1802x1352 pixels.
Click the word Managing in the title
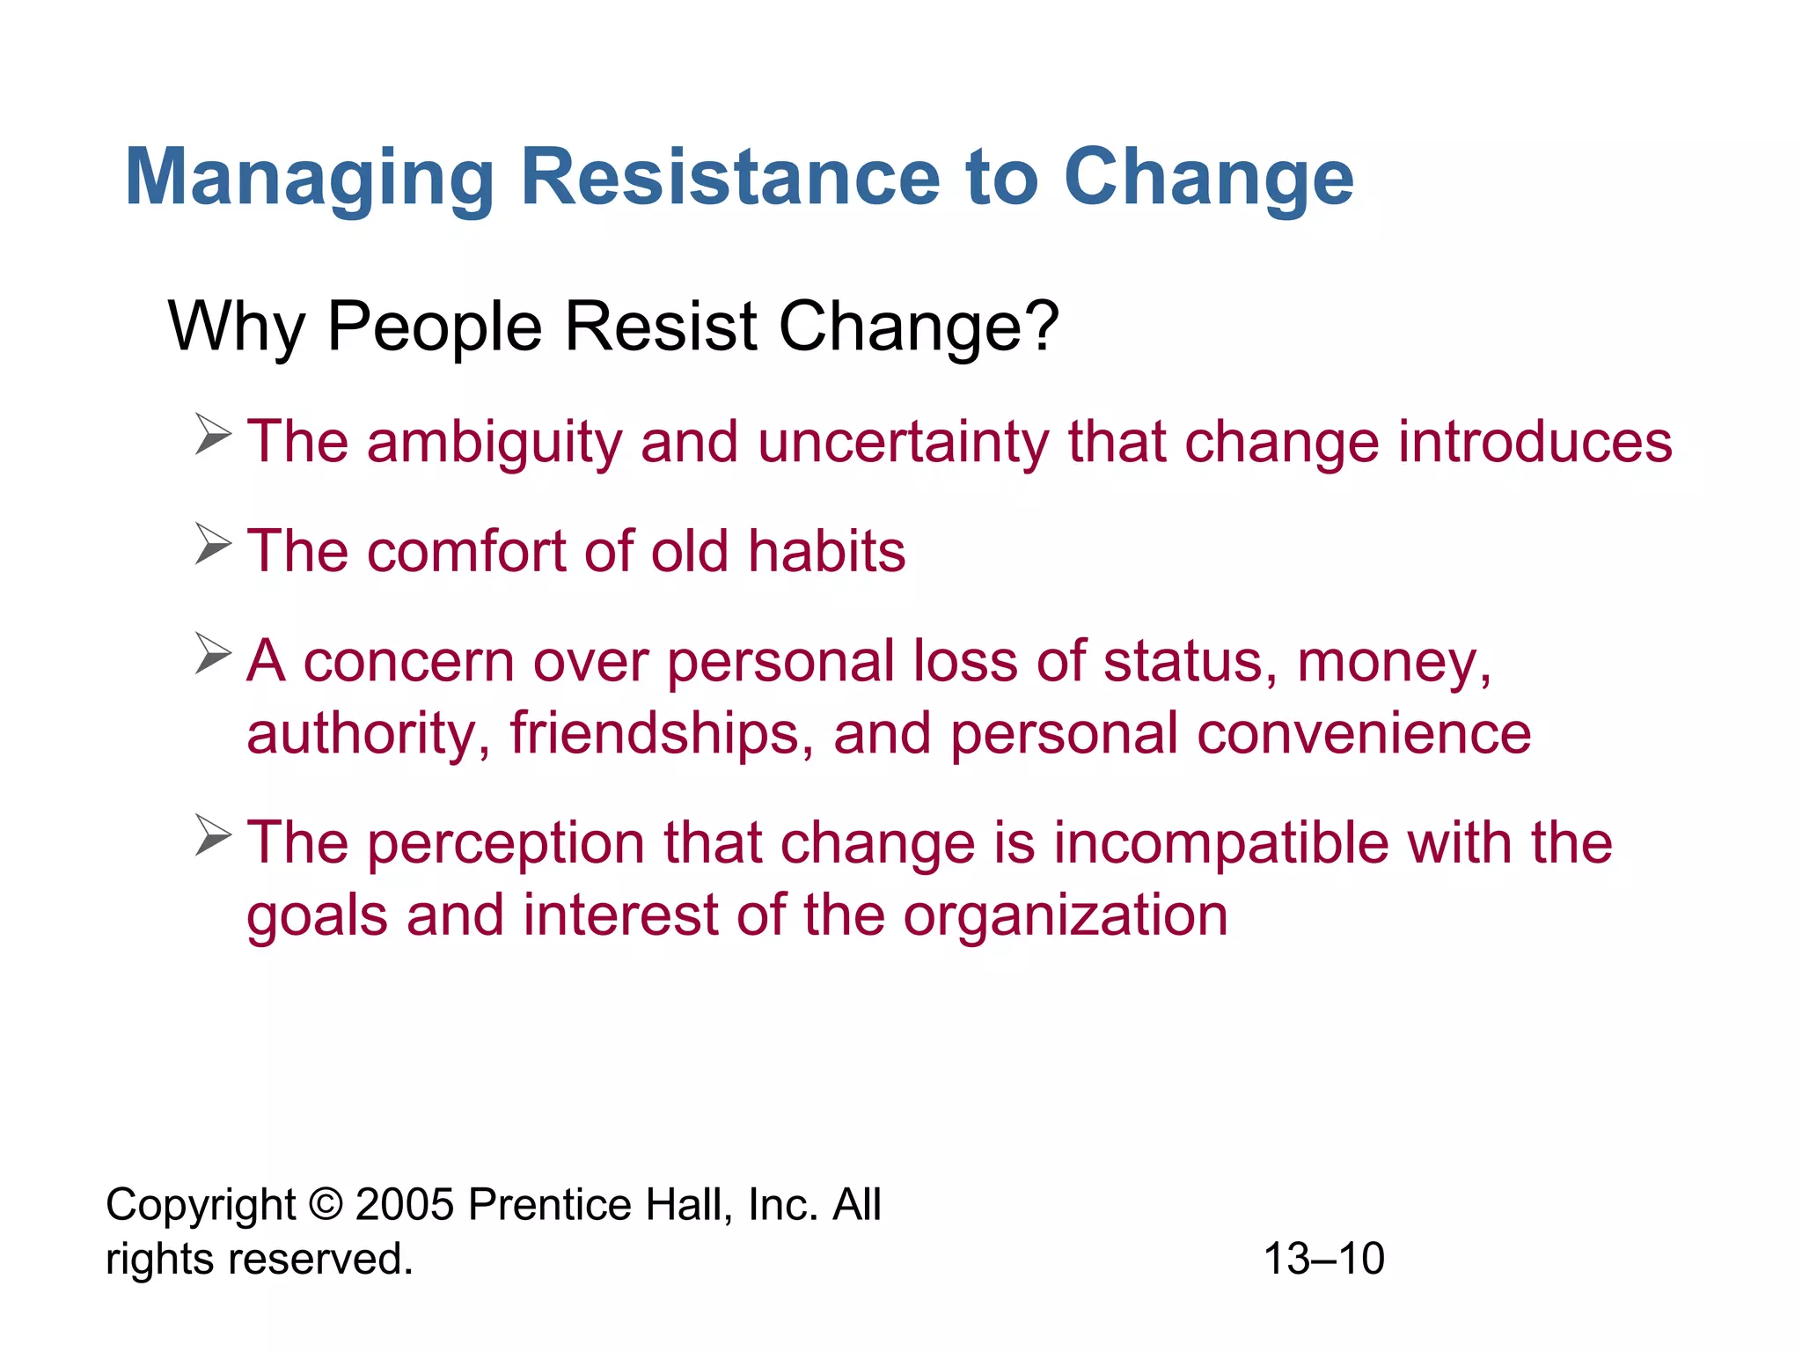[310, 179]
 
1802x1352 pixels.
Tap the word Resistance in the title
[730, 177]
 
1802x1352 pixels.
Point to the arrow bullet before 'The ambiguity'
[213, 436]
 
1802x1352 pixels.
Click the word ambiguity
[494, 443]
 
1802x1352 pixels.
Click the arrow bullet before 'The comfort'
[213, 545]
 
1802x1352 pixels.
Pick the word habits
[826, 552]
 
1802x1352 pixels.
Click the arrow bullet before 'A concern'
[213, 654]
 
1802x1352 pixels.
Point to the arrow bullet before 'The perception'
[213, 835]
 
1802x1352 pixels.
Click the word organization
[1066, 916]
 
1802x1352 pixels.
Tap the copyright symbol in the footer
[326, 1204]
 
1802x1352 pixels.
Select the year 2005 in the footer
[404, 1204]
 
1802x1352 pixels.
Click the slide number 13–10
[1323, 1259]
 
